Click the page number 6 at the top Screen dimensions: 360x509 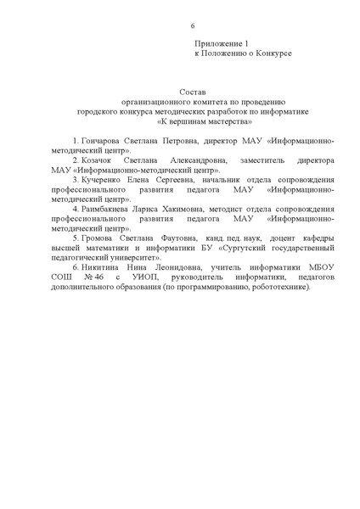tap(179, 25)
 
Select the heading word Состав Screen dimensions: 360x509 tap(193, 90)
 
